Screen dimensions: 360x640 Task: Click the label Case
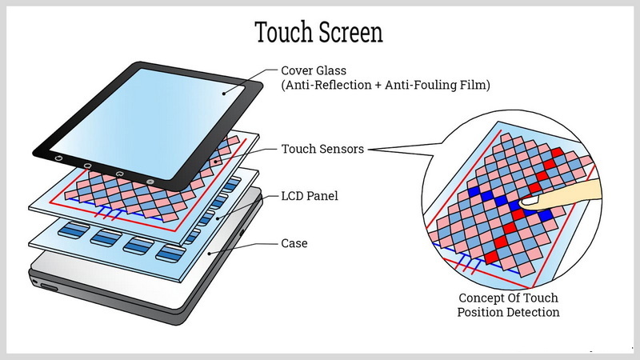295,242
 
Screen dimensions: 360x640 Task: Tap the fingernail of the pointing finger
530,203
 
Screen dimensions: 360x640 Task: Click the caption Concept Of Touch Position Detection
508,305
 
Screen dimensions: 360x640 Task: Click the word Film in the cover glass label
476,85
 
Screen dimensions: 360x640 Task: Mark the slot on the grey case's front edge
48,286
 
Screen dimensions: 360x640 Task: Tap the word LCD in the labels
293,195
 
